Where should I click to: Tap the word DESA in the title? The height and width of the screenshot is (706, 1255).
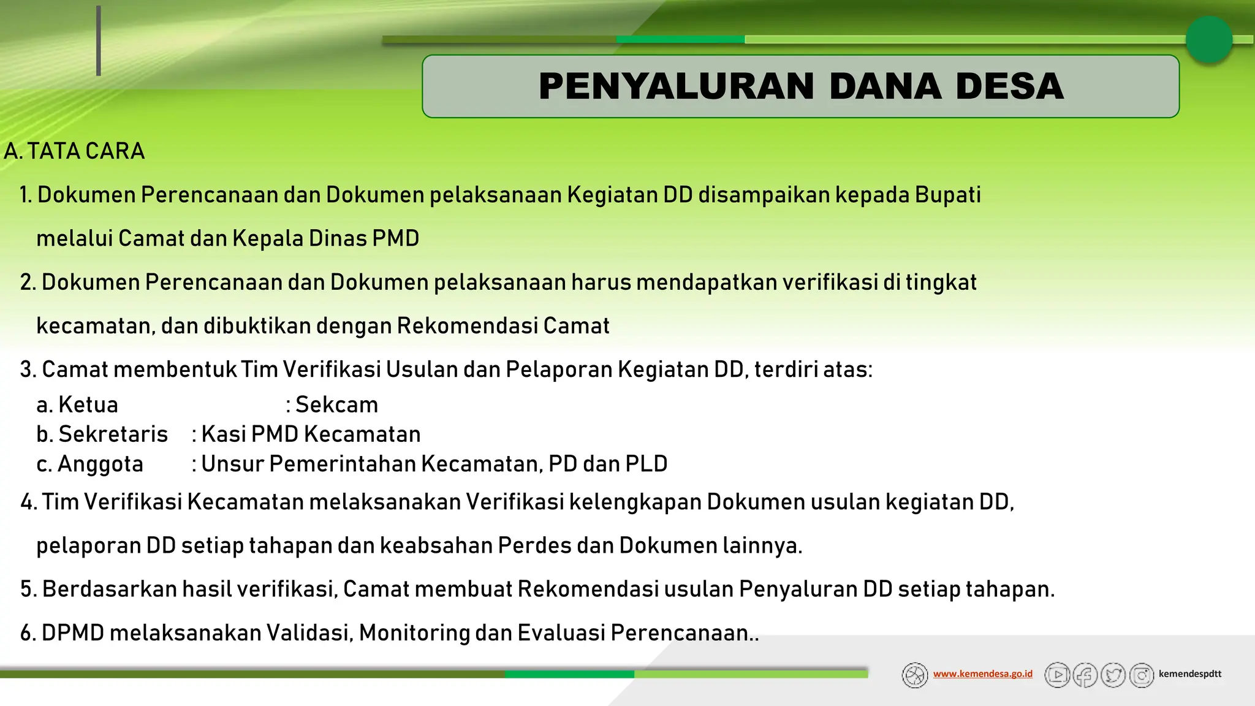(1009, 86)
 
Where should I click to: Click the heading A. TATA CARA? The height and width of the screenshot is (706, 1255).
(74, 151)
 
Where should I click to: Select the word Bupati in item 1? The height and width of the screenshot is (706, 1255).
(947, 195)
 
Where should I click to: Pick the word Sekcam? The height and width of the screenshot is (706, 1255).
(336, 405)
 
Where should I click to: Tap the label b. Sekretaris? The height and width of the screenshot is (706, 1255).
(102, 435)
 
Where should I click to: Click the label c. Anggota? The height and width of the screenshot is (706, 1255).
(89, 465)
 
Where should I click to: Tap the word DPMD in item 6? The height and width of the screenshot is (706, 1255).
(73, 633)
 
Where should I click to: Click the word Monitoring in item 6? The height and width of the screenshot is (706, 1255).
(414, 633)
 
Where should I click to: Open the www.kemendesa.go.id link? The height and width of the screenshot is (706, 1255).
(982, 674)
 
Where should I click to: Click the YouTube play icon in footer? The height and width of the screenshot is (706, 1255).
(1057, 675)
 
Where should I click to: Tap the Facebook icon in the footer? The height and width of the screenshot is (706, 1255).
(1085, 675)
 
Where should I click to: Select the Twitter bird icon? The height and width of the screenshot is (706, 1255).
(1113, 675)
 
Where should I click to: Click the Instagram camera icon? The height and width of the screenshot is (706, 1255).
(1142, 675)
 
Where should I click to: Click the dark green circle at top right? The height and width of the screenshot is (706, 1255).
(1208, 40)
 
